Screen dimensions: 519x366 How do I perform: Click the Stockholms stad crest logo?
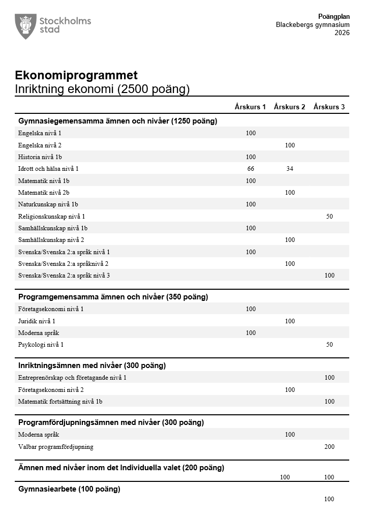point(25,26)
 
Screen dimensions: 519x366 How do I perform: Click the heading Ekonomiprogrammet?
point(76,76)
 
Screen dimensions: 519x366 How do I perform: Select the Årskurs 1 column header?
point(250,107)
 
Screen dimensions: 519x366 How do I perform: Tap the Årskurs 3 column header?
point(329,107)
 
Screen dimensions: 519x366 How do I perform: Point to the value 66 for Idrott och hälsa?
point(251,169)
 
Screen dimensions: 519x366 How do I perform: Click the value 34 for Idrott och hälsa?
point(290,169)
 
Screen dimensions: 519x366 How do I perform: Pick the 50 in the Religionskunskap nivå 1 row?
point(329,216)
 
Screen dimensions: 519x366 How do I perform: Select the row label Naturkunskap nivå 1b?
point(48,204)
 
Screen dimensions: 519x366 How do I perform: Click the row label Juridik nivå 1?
point(37,321)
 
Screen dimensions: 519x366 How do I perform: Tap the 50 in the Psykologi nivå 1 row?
point(329,345)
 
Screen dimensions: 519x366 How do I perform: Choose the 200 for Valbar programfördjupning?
point(329,447)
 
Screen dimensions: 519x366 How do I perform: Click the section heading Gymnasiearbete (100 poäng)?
point(69,489)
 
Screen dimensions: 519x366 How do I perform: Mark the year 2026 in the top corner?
point(342,33)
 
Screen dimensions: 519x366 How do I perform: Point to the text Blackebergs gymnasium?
point(313,25)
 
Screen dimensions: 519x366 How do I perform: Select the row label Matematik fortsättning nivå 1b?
point(60,402)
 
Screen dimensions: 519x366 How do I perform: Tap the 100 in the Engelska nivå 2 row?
point(290,145)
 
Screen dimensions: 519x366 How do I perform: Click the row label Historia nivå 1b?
point(40,157)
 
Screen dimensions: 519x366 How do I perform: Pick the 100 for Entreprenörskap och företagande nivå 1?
point(329,378)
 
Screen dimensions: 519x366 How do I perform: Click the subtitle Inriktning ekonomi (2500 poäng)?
point(102,89)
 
